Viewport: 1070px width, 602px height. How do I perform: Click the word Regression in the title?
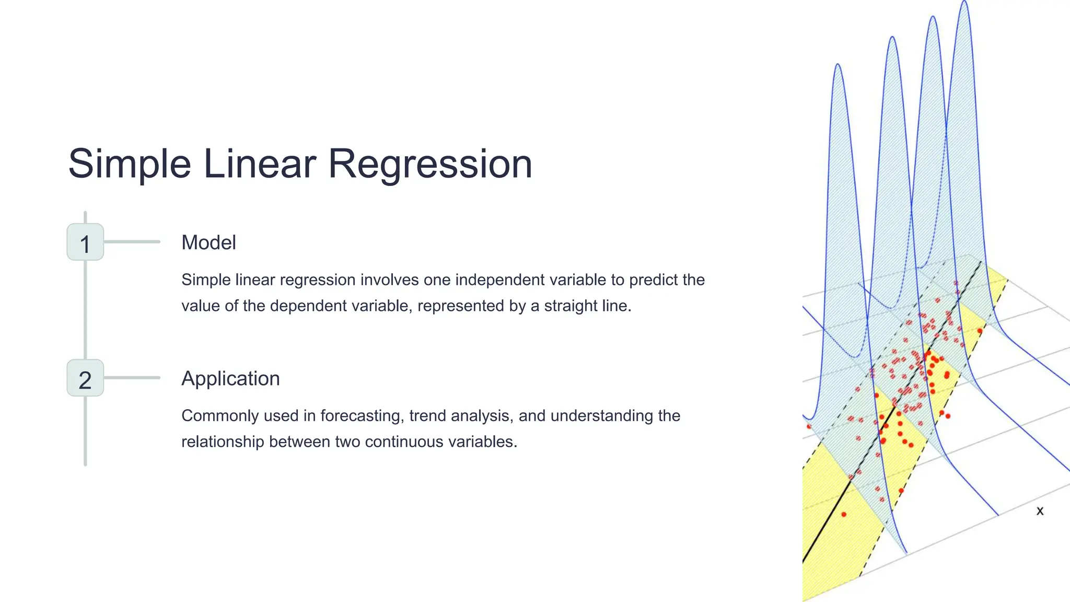[x=429, y=164]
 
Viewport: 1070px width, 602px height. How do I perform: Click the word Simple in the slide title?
[x=130, y=164]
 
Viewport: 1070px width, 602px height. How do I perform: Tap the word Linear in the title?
[x=259, y=164]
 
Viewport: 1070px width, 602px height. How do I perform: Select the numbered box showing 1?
[x=85, y=242]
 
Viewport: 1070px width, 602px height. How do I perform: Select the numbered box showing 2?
[x=85, y=378]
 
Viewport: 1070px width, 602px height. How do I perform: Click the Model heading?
[x=208, y=242]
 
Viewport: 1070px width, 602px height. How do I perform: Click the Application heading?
[x=230, y=378]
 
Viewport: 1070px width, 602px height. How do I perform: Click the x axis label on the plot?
[x=1040, y=511]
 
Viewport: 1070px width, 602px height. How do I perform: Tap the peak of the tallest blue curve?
[x=965, y=3]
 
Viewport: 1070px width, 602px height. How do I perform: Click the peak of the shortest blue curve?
[x=838, y=65]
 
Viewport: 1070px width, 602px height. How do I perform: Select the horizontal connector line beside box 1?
[x=132, y=242]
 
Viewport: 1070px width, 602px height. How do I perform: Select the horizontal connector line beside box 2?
[x=132, y=378]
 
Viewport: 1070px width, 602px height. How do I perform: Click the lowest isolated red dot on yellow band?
[x=844, y=515]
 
